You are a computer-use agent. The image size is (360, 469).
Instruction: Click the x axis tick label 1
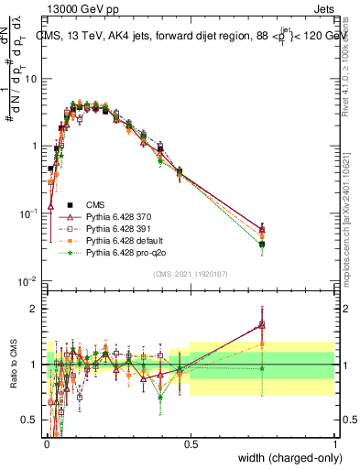[x=335, y=444]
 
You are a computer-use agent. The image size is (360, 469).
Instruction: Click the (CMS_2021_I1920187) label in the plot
[x=190, y=274]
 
